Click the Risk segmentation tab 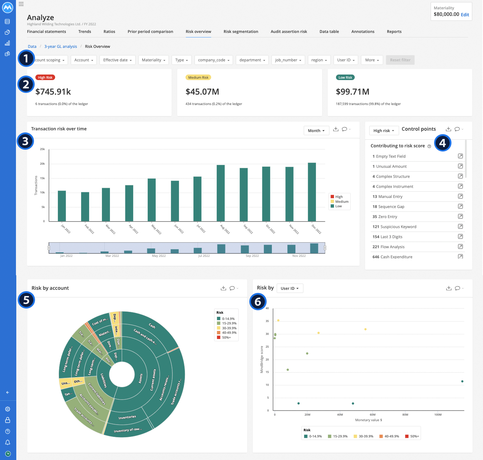(x=241, y=32)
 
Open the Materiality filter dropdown (x=153, y=60)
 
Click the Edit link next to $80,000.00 (x=465, y=15)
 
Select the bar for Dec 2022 (x=312, y=192)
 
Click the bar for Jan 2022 (x=62, y=206)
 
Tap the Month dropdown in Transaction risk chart (x=316, y=131)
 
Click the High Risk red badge (x=45, y=78)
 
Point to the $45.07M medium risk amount (x=202, y=92)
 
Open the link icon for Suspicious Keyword (x=460, y=226)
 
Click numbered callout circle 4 (x=442, y=143)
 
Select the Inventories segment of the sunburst (x=127, y=417)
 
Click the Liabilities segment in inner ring (x=103, y=380)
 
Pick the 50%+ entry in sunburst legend (x=226, y=337)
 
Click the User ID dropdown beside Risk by (x=290, y=288)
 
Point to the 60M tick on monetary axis (x=372, y=415)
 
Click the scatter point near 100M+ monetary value (x=462, y=381)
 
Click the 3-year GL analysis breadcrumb (x=61, y=46)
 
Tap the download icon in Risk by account (x=223, y=288)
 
